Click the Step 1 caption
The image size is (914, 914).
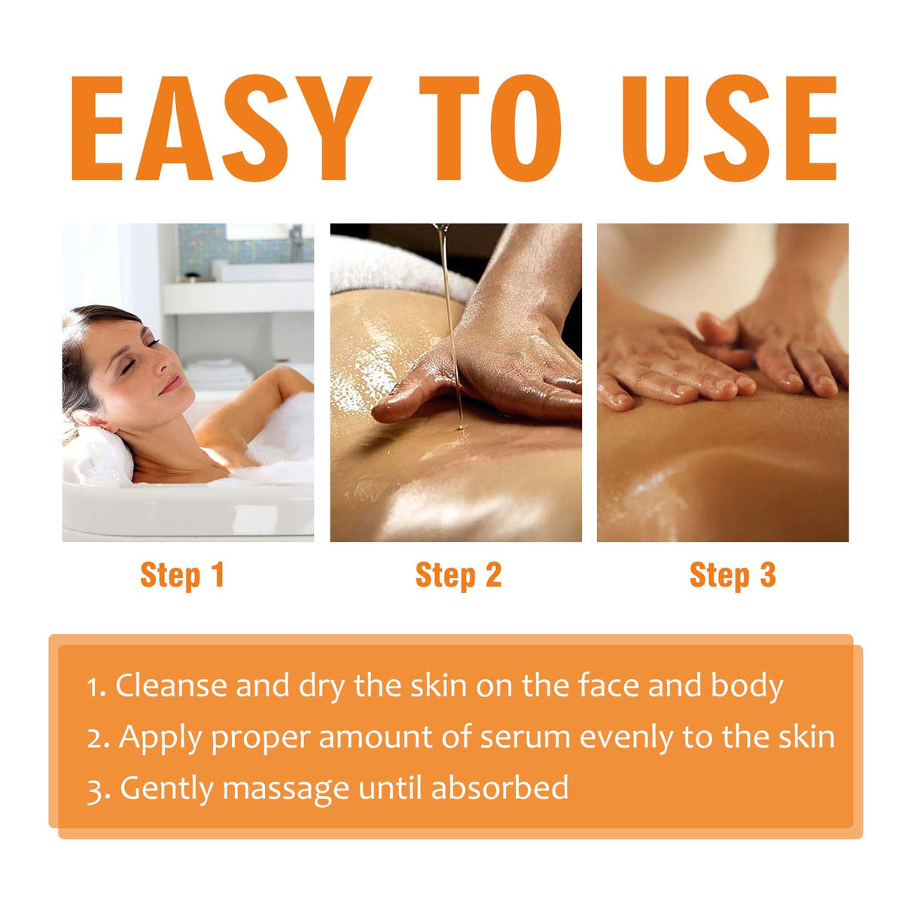182,575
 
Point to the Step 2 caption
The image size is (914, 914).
458,575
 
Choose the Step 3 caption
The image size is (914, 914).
732,575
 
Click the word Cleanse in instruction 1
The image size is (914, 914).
171,686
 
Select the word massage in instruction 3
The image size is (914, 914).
285,789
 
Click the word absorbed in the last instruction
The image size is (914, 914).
499,788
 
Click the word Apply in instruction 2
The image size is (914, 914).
161,738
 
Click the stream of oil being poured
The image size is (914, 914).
450,331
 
